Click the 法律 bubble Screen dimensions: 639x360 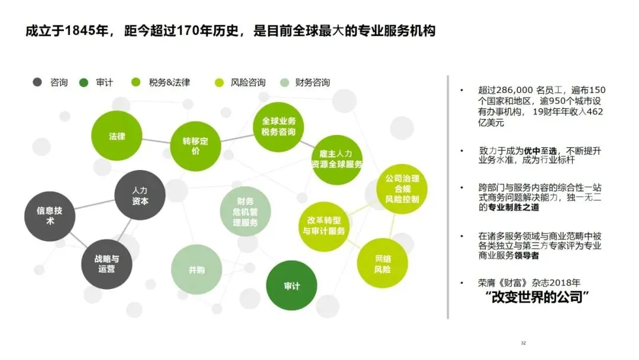tap(117, 136)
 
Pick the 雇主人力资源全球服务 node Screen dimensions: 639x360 tap(336, 159)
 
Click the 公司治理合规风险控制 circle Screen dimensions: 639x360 tap(402, 189)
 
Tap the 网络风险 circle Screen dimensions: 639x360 tap(383, 264)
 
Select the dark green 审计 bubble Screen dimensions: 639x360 tap(292, 286)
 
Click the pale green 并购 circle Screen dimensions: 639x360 tap(196, 270)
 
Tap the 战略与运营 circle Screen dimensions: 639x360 tap(106, 264)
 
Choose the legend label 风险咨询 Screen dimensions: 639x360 tap(248, 83)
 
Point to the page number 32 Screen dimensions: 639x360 tap(523, 343)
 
